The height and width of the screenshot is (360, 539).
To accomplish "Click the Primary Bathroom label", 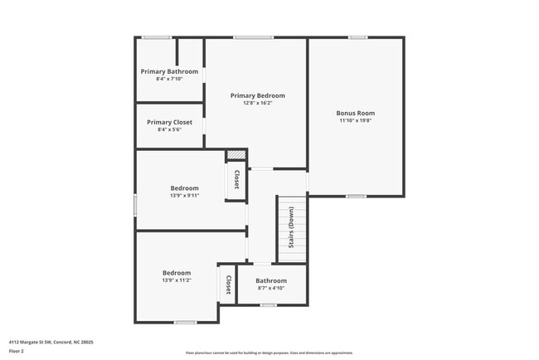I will click(169, 71).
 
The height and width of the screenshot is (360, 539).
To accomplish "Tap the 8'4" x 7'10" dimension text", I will click(169, 79).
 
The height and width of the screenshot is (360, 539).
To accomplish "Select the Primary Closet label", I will click(169, 122).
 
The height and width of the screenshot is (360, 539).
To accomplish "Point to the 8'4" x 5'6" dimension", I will click(169, 129).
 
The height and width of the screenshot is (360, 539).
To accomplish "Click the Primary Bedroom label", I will click(257, 95).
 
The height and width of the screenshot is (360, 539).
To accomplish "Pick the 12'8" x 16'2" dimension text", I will click(257, 103).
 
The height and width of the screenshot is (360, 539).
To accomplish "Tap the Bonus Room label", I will click(355, 113).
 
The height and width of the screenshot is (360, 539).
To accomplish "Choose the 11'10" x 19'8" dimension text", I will click(355, 120).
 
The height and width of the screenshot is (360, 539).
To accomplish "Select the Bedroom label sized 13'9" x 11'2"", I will click(177, 273).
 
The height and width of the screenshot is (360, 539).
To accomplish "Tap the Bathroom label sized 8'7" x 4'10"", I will click(271, 280).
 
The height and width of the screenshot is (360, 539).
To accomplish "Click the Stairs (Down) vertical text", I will click(291, 227).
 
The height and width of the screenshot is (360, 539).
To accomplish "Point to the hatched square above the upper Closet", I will click(236, 155).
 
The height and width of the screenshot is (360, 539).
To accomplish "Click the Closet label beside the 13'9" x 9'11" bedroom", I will click(236, 179).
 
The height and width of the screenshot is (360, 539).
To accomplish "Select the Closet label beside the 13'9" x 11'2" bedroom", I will click(227, 285).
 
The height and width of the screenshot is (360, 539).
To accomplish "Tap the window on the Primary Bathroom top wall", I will click(156, 37).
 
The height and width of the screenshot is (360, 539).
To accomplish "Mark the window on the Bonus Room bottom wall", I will click(356, 196).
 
